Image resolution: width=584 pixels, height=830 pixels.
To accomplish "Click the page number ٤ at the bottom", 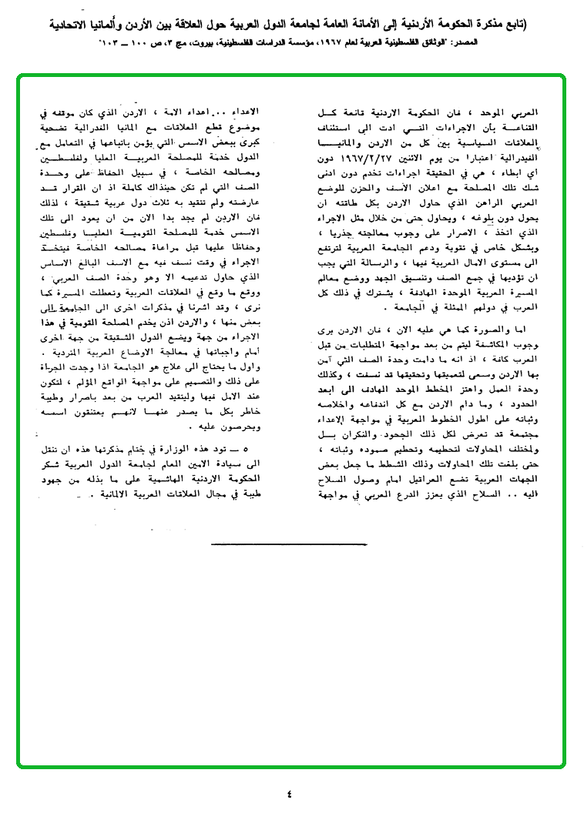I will pos(289,793).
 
